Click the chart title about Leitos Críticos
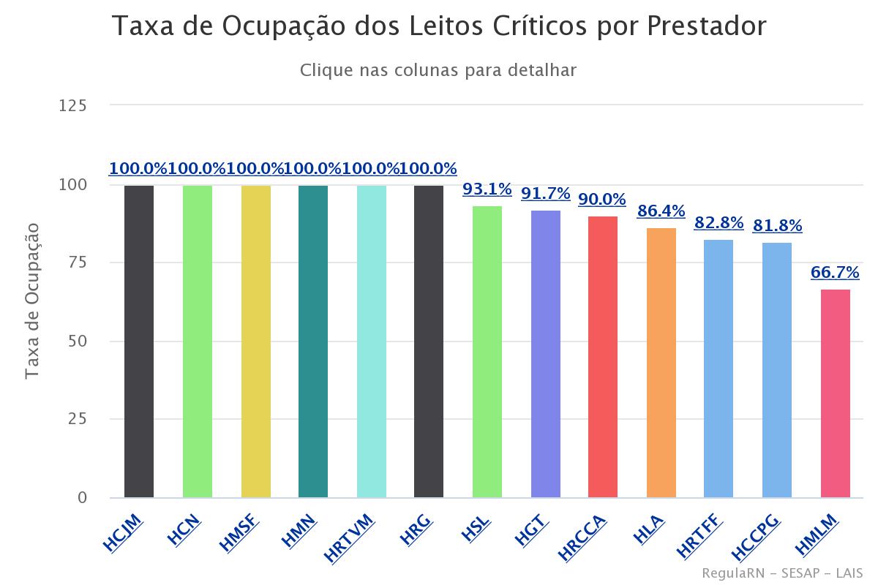click(x=438, y=27)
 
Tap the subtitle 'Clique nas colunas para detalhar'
click(x=438, y=71)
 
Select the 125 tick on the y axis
click(x=72, y=106)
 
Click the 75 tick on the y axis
click(x=77, y=263)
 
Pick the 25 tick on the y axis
click(x=77, y=420)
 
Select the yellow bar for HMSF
click(x=255, y=341)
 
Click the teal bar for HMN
click(x=313, y=341)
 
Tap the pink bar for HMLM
click(x=835, y=393)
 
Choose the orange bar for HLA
click(x=661, y=363)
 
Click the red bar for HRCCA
click(x=603, y=357)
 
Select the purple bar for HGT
click(x=545, y=354)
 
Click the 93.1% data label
click(x=487, y=190)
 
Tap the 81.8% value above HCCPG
click(x=777, y=226)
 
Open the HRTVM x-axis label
click(x=350, y=538)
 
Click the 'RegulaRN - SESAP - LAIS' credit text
click(x=781, y=573)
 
